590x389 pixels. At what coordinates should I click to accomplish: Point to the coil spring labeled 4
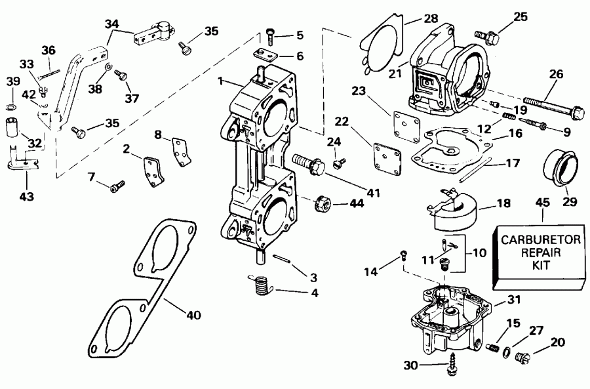[x=262, y=285]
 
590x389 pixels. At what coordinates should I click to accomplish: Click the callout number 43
[x=28, y=196]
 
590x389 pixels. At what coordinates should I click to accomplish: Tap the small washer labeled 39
[x=12, y=106]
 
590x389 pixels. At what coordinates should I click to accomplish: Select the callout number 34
[x=113, y=24]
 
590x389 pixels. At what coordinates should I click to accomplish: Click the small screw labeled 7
[x=116, y=187]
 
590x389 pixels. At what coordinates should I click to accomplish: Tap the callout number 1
[x=221, y=83]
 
